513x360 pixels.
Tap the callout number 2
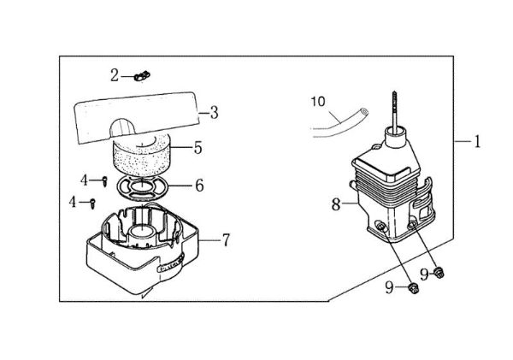point(115,75)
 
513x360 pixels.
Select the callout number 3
point(215,111)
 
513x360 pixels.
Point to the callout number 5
point(198,148)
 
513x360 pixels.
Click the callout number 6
point(199,185)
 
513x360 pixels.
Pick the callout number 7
point(226,240)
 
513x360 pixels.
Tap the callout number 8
point(335,204)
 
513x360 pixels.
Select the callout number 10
point(318,101)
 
